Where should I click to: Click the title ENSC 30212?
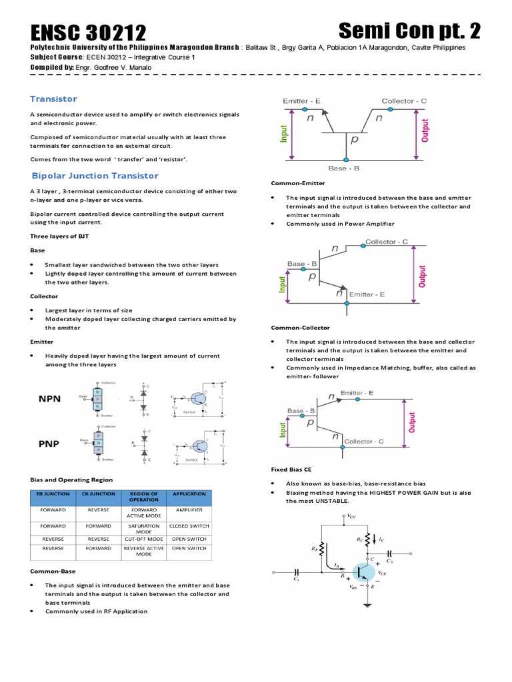tap(88, 33)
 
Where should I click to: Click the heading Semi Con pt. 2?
tap(409, 31)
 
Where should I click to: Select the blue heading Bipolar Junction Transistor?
tap(95, 176)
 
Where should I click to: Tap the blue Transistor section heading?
tap(53, 99)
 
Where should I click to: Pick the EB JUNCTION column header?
tap(53, 494)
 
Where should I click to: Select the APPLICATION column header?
tap(189, 494)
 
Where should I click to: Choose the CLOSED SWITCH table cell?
tap(189, 525)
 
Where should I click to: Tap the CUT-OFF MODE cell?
tap(144, 538)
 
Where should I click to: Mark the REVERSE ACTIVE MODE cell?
tap(144, 551)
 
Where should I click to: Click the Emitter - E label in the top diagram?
tap(301, 101)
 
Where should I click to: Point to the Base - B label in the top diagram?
tap(344, 169)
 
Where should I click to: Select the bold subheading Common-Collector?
tap(300, 328)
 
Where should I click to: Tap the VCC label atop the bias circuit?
tap(352, 516)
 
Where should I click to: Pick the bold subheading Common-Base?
tap(53, 571)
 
